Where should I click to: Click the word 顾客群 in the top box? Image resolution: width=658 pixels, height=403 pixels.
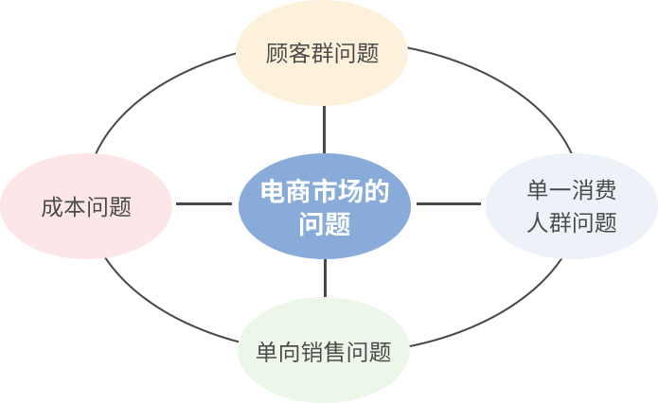coord(299,53)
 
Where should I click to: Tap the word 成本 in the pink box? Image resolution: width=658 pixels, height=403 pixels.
coord(63,207)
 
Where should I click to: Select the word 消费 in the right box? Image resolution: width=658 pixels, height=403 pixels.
coord(595,191)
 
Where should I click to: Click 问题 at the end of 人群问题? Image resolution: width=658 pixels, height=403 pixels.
coord(595,223)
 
